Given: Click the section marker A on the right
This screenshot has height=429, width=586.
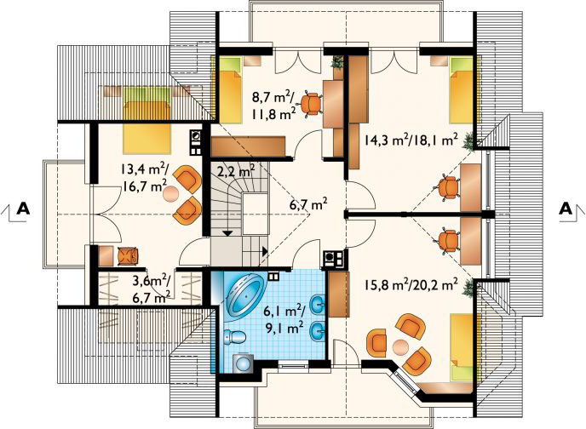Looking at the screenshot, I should click(x=565, y=207).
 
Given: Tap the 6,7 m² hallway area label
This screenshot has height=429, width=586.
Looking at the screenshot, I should click(x=307, y=203).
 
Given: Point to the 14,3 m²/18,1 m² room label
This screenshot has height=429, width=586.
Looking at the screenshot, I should click(x=411, y=140).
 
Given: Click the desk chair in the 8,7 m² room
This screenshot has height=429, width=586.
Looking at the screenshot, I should click(x=313, y=103).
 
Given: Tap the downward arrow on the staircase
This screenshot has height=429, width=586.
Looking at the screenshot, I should click(x=227, y=231).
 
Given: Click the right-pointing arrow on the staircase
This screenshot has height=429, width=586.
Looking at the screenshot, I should click(x=266, y=250).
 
